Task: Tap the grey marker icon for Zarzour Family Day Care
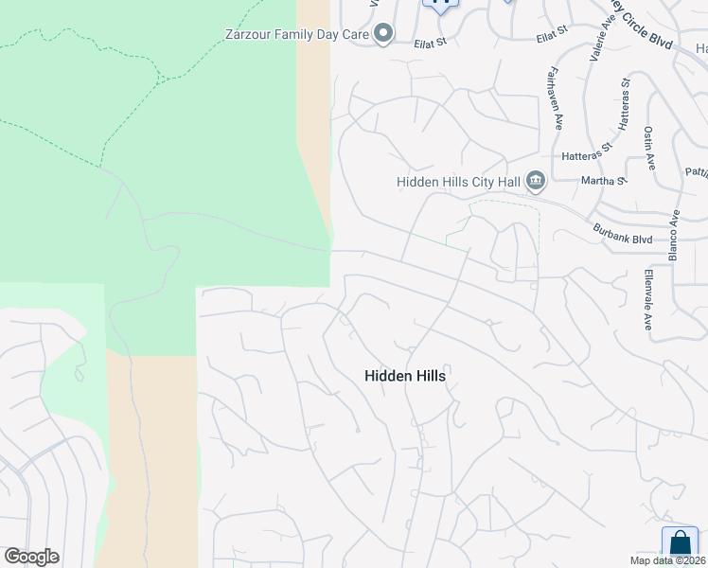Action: tap(383, 35)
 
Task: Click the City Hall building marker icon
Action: tap(536, 180)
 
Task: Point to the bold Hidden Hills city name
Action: tap(404, 376)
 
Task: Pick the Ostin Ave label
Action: tap(649, 147)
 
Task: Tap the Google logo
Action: tap(31, 557)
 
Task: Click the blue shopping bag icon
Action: tap(680, 542)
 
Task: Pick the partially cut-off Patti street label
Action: tap(696, 173)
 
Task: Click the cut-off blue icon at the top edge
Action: tap(441, 4)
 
